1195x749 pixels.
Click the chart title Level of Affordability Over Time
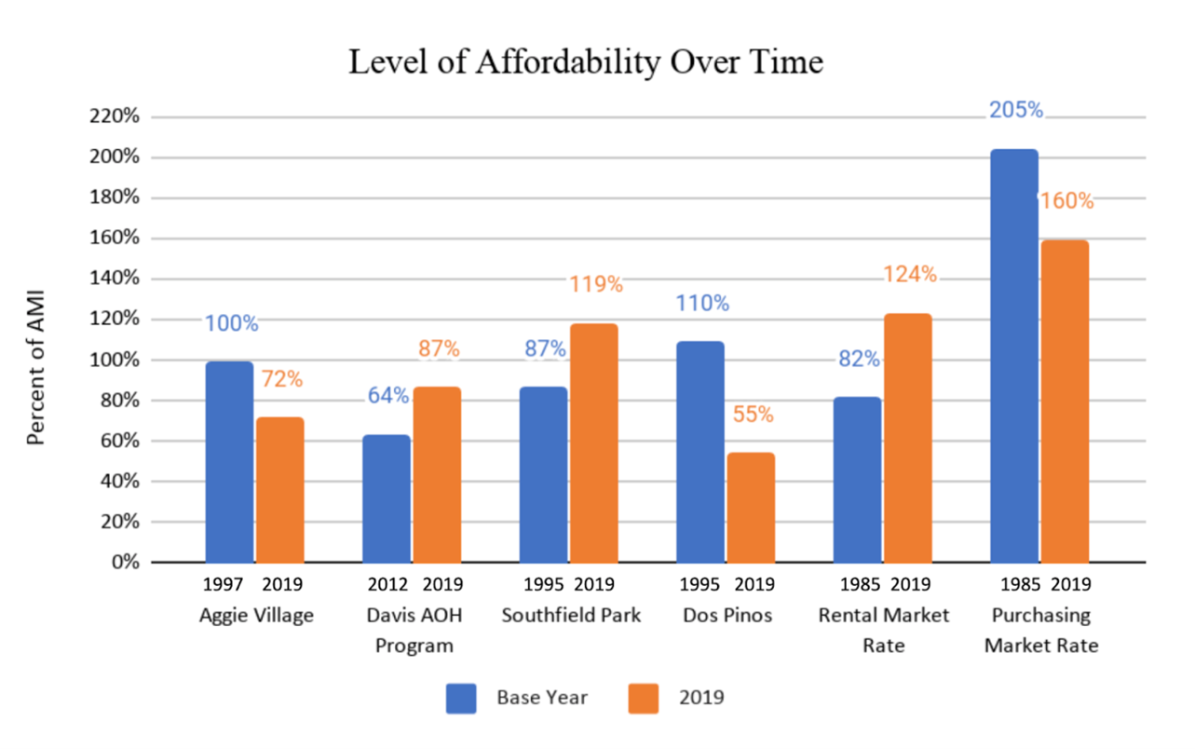[x=586, y=62]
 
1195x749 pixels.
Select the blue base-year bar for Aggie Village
[x=229, y=462]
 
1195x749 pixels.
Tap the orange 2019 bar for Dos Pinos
[x=751, y=508]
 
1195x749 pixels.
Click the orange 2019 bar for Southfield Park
[x=593, y=443]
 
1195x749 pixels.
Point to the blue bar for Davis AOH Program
[x=387, y=498]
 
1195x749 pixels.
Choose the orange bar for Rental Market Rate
[x=908, y=438]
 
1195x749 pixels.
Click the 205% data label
[x=1016, y=110]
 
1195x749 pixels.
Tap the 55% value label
[x=752, y=415]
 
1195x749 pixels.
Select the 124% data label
[x=910, y=275]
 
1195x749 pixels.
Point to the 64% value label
[x=387, y=395]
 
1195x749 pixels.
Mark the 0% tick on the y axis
[x=126, y=563]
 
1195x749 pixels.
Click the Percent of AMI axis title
[x=36, y=371]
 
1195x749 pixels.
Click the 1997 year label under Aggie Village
[x=223, y=585]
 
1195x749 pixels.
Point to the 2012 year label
[x=387, y=585]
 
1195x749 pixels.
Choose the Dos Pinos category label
[x=727, y=616]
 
